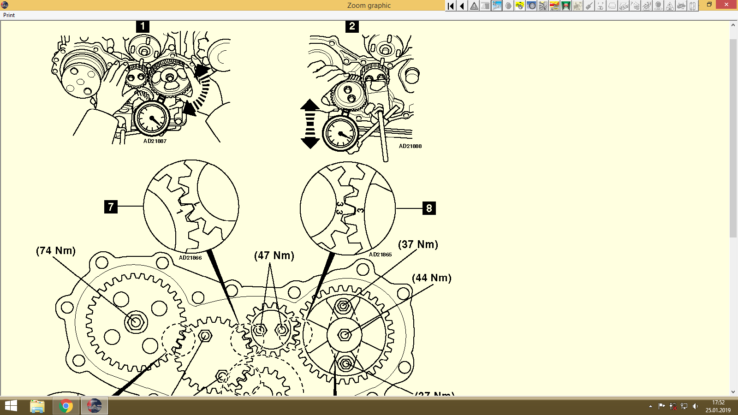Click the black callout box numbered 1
point(143,26)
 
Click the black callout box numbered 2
point(352,26)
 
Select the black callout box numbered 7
point(111,207)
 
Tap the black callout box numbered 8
point(429,208)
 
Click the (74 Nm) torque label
point(56,250)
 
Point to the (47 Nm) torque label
point(274,255)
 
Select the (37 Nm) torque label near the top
point(418,244)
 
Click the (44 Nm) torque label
point(431,278)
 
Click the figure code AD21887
point(155,141)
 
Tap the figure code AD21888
point(410,146)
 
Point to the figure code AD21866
point(190,258)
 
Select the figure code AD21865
point(380,255)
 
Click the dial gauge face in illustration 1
point(151,118)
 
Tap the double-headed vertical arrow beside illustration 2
point(310,124)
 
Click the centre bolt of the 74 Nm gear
point(136,321)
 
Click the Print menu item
point(9,15)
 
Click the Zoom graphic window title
point(369,6)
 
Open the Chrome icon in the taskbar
point(65,406)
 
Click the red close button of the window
point(726,5)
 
